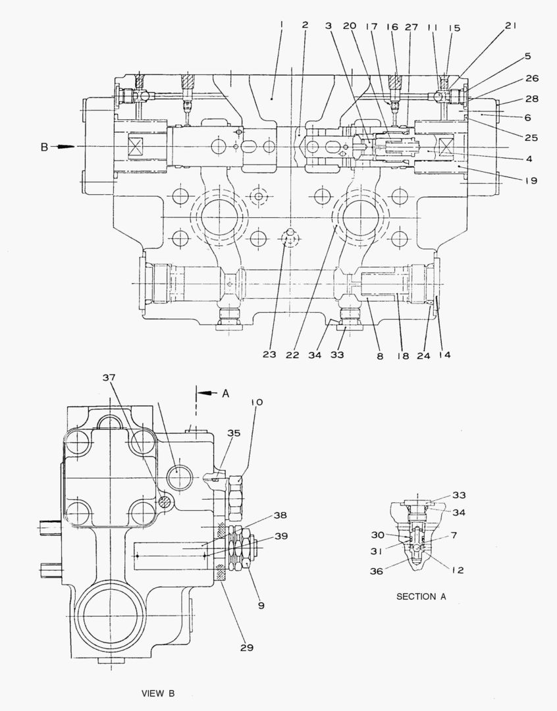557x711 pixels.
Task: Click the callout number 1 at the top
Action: pyautogui.click(x=282, y=26)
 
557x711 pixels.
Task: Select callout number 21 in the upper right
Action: pyautogui.click(x=511, y=26)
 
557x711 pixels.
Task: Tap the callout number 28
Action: pyautogui.click(x=532, y=98)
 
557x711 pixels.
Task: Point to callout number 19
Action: pyautogui.click(x=531, y=180)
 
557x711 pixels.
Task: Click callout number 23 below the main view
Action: pyautogui.click(x=269, y=354)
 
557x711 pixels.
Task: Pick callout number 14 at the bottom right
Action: pyautogui.click(x=445, y=355)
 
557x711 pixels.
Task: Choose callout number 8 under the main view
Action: pyautogui.click(x=380, y=356)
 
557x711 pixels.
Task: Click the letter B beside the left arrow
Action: pyautogui.click(x=45, y=147)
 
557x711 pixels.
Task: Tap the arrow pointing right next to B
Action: pyautogui.click(x=63, y=146)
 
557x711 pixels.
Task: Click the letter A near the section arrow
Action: pyautogui.click(x=225, y=394)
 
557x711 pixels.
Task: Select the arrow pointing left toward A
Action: pyautogui.click(x=208, y=392)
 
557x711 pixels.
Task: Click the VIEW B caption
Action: pyautogui.click(x=158, y=693)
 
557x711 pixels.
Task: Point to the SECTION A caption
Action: pyautogui.click(x=421, y=596)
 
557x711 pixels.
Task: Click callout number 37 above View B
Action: pyautogui.click(x=109, y=377)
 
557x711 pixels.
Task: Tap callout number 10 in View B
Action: pyautogui.click(x=256, y=402)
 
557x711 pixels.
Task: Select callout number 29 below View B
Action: pyautogui.click(x=247, y=648)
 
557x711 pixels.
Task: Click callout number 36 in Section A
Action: pyautogui.click(x=376, y=571)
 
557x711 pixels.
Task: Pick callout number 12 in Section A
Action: pyautogui.click(x=458, y=570)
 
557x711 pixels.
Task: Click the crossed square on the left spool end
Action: pyautogui.click(x=136, y=147)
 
